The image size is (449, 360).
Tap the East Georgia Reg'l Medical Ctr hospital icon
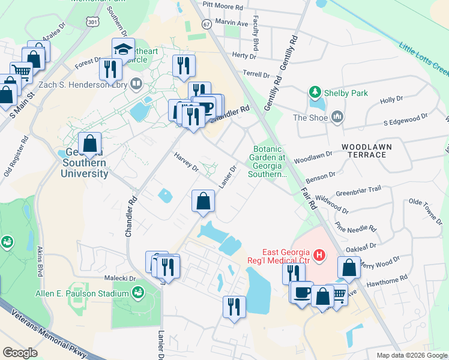[320, 255]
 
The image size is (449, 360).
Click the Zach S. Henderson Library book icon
[136, 84]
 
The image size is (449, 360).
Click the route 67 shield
[207, 25]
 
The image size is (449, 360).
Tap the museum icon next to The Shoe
[336, 117]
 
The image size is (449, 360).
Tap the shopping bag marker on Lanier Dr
[203, 201]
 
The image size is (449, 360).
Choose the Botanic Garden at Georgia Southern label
[271, 161]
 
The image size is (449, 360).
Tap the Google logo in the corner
[21, 353]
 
